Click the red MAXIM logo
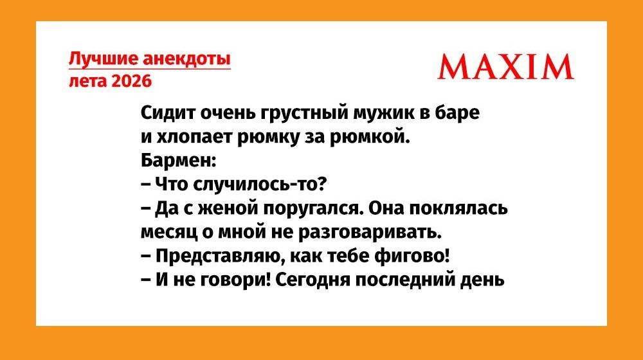(505, 66)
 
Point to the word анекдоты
(186, 59)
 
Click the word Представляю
(218, 256)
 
